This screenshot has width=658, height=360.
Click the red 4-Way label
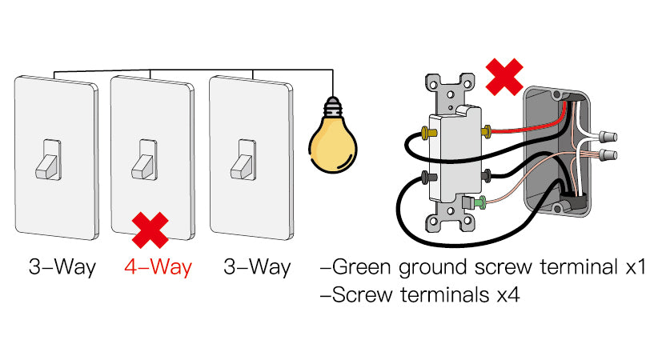coord(158,267)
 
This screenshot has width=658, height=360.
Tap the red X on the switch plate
coord(150,230)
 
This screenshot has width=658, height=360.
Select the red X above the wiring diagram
coord(504,77)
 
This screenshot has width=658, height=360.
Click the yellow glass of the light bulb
coord(333,144)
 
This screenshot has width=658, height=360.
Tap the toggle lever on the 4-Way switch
coord(145,160)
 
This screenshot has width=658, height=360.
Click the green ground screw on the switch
coord(480,202)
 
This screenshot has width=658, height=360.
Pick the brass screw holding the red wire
coord(487,132)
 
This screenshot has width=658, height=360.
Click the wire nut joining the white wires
coord(605,136)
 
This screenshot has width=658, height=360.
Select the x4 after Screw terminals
coord(508,295)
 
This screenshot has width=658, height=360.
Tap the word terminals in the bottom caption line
coord(445,294)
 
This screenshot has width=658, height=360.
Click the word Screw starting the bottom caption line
coord(363,294)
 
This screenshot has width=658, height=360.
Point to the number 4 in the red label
coord(130,267)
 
